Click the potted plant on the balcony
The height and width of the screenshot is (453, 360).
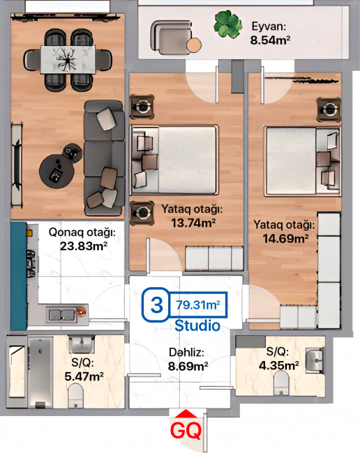pos(228,24)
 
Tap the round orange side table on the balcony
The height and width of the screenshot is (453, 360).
pos(194,45)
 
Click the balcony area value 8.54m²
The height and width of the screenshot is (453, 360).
pos(270,40)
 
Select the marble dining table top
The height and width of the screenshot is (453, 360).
pos(68,60)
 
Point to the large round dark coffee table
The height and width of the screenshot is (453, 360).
pos(57,171)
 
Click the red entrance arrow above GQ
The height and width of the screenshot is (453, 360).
pos(186,414)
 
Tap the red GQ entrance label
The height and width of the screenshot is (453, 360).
pos(186,431)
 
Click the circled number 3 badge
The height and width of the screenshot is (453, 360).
pos(156,305)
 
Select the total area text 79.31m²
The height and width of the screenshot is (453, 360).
pos(198,305)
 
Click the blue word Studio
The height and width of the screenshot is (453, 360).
pos(197,325)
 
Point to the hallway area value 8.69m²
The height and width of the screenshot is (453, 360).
pos(188,367)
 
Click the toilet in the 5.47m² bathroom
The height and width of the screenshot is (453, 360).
pos(75,395)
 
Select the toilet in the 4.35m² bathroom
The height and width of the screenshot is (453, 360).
pos(281,383)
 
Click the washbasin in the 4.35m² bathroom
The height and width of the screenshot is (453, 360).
pos(315,359)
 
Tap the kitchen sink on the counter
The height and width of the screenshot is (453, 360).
pos(62,314)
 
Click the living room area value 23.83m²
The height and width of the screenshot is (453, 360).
pos(84,247)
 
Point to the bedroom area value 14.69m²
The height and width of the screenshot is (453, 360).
pos(285,238)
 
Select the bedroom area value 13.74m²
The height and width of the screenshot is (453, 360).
pos(193,223)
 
